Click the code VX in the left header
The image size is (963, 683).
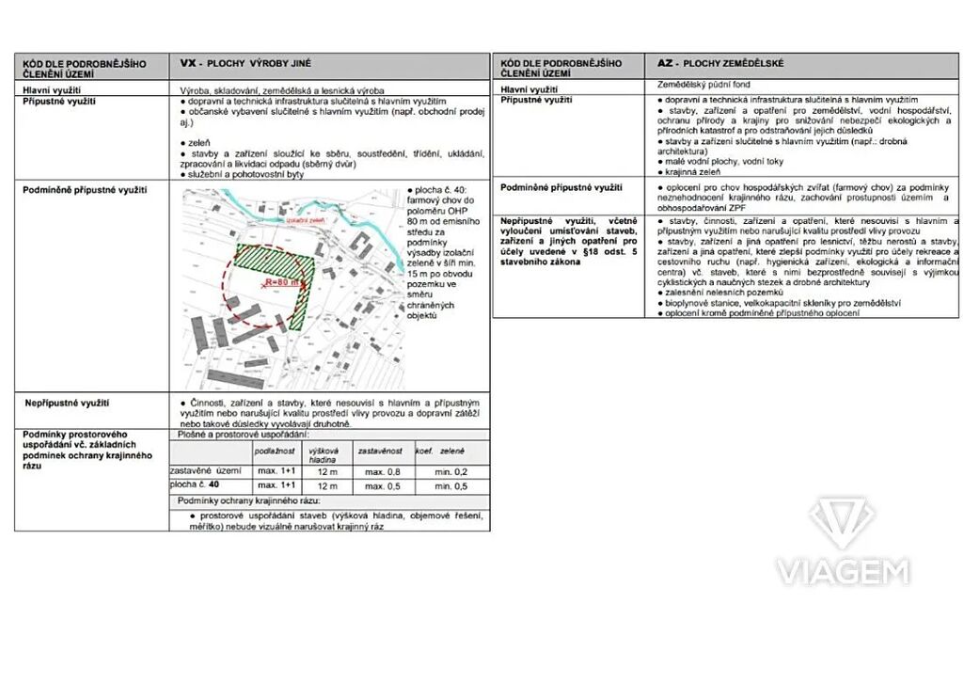[x=187, y=64]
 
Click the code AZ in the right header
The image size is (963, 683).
[x=665, y=64]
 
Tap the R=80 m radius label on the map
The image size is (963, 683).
[x=281, y=281]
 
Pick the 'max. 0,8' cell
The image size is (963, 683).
[x=382, y=471]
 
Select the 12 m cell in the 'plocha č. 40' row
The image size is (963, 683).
[x=327, y=485]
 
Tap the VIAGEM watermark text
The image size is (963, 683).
[x=842, y=571]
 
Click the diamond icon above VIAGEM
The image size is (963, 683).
[x=842, y=523]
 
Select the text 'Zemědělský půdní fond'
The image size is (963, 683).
[x=704, y=85]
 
